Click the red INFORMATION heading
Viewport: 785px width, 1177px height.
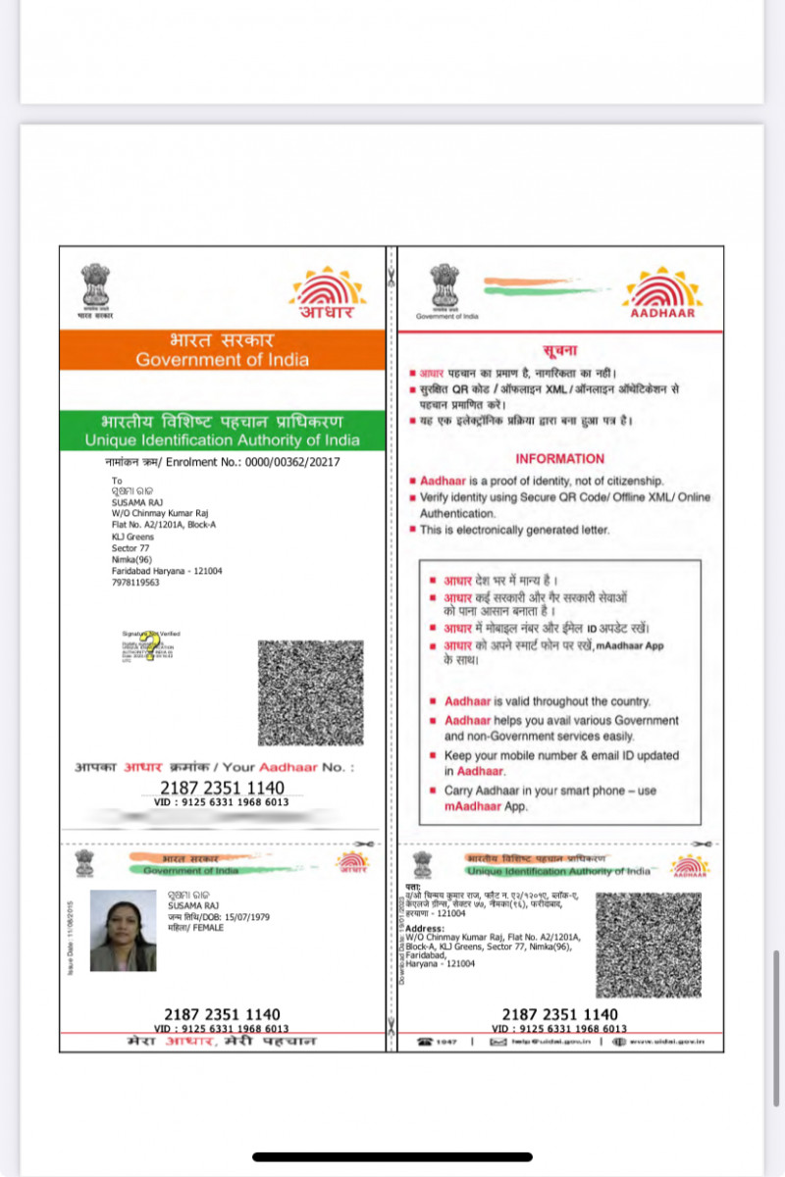point(560,458)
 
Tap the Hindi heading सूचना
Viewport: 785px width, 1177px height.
point(559,350)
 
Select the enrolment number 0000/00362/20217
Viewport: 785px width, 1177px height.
point(291,461)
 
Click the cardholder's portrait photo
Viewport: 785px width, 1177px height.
point(123,931)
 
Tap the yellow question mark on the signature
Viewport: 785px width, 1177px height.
point(150,648)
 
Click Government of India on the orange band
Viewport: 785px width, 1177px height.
point(222,359)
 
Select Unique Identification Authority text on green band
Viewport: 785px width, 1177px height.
point(222,440)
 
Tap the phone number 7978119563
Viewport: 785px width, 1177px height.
point(135,582)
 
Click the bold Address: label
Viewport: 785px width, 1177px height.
point(425,928)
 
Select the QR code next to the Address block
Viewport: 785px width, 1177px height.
point(649,945)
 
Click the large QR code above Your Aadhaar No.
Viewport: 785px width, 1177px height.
point(310,692)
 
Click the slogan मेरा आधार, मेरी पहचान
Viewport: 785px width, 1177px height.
point(222,1042)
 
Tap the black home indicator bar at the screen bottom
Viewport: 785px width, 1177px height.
point(392,1157)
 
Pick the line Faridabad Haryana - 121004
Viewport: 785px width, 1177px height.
point(167,571)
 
